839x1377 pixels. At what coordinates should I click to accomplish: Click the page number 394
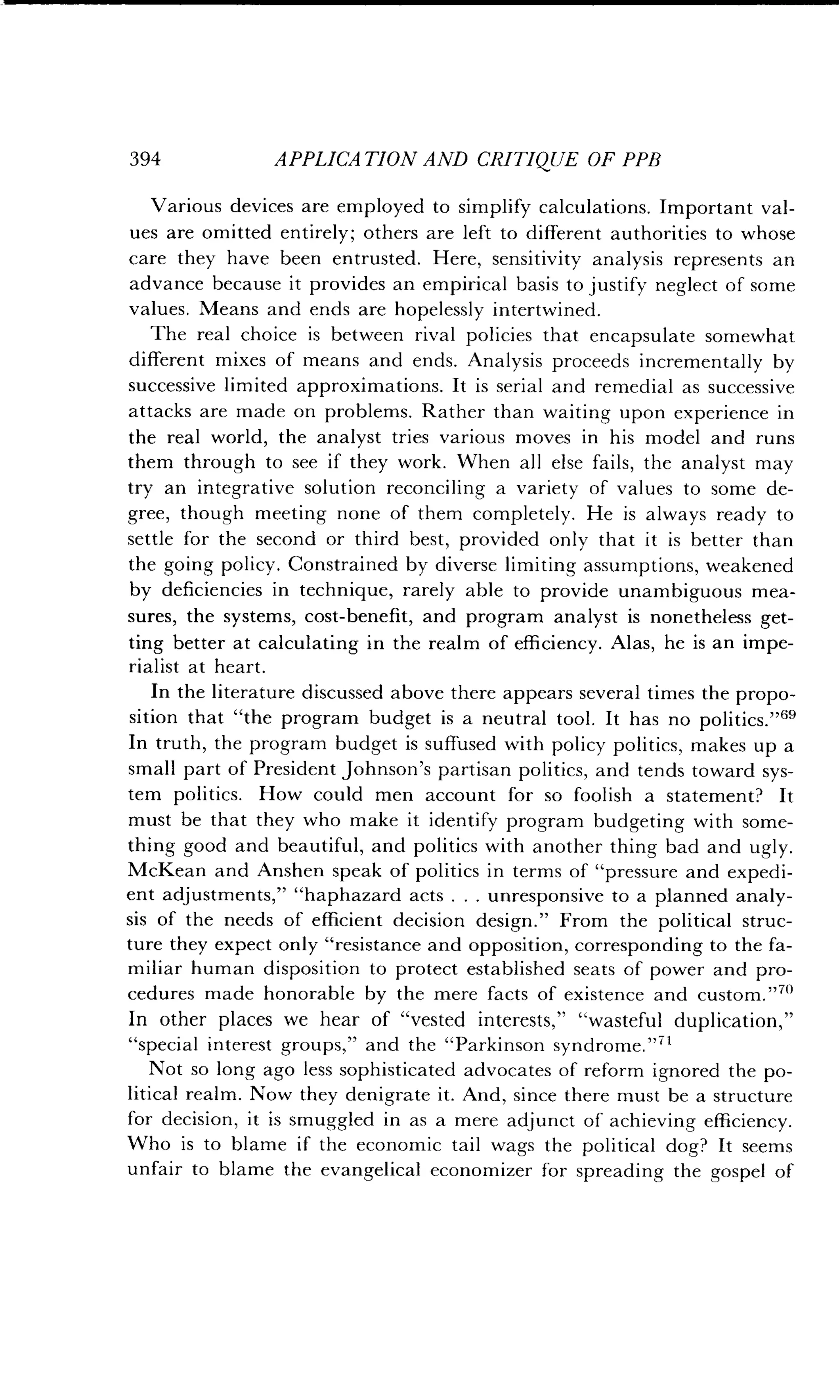(145, 159)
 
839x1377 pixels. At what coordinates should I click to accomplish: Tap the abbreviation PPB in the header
(642, 160)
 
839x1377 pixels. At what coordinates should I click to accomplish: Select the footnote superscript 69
(785, 713)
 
